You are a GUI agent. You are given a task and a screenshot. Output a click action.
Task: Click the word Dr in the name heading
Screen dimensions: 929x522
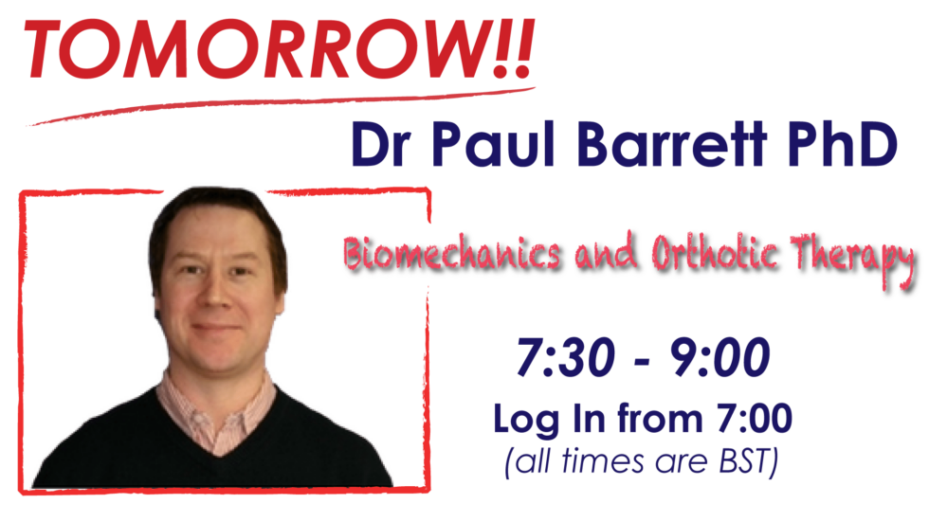(381, 144)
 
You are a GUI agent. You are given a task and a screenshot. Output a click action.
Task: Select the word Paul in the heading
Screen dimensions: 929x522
(493, 144)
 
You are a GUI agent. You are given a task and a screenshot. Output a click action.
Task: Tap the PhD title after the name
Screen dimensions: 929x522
(843, 144)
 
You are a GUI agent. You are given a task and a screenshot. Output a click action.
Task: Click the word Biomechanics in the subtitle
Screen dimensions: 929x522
(452, 253)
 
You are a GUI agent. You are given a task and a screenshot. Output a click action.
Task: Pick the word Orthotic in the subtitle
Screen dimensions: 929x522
(715, 252)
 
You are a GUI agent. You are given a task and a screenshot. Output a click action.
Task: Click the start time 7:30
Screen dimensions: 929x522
(566, 357)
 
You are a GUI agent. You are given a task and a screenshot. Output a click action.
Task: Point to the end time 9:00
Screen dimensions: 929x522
(720, 357)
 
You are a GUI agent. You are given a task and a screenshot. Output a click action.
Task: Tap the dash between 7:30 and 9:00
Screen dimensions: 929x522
(643, 361)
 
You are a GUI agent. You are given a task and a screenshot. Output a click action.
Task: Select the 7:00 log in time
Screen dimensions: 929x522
(755, 418)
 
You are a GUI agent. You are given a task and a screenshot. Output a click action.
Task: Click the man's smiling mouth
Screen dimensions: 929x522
(216, 327)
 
